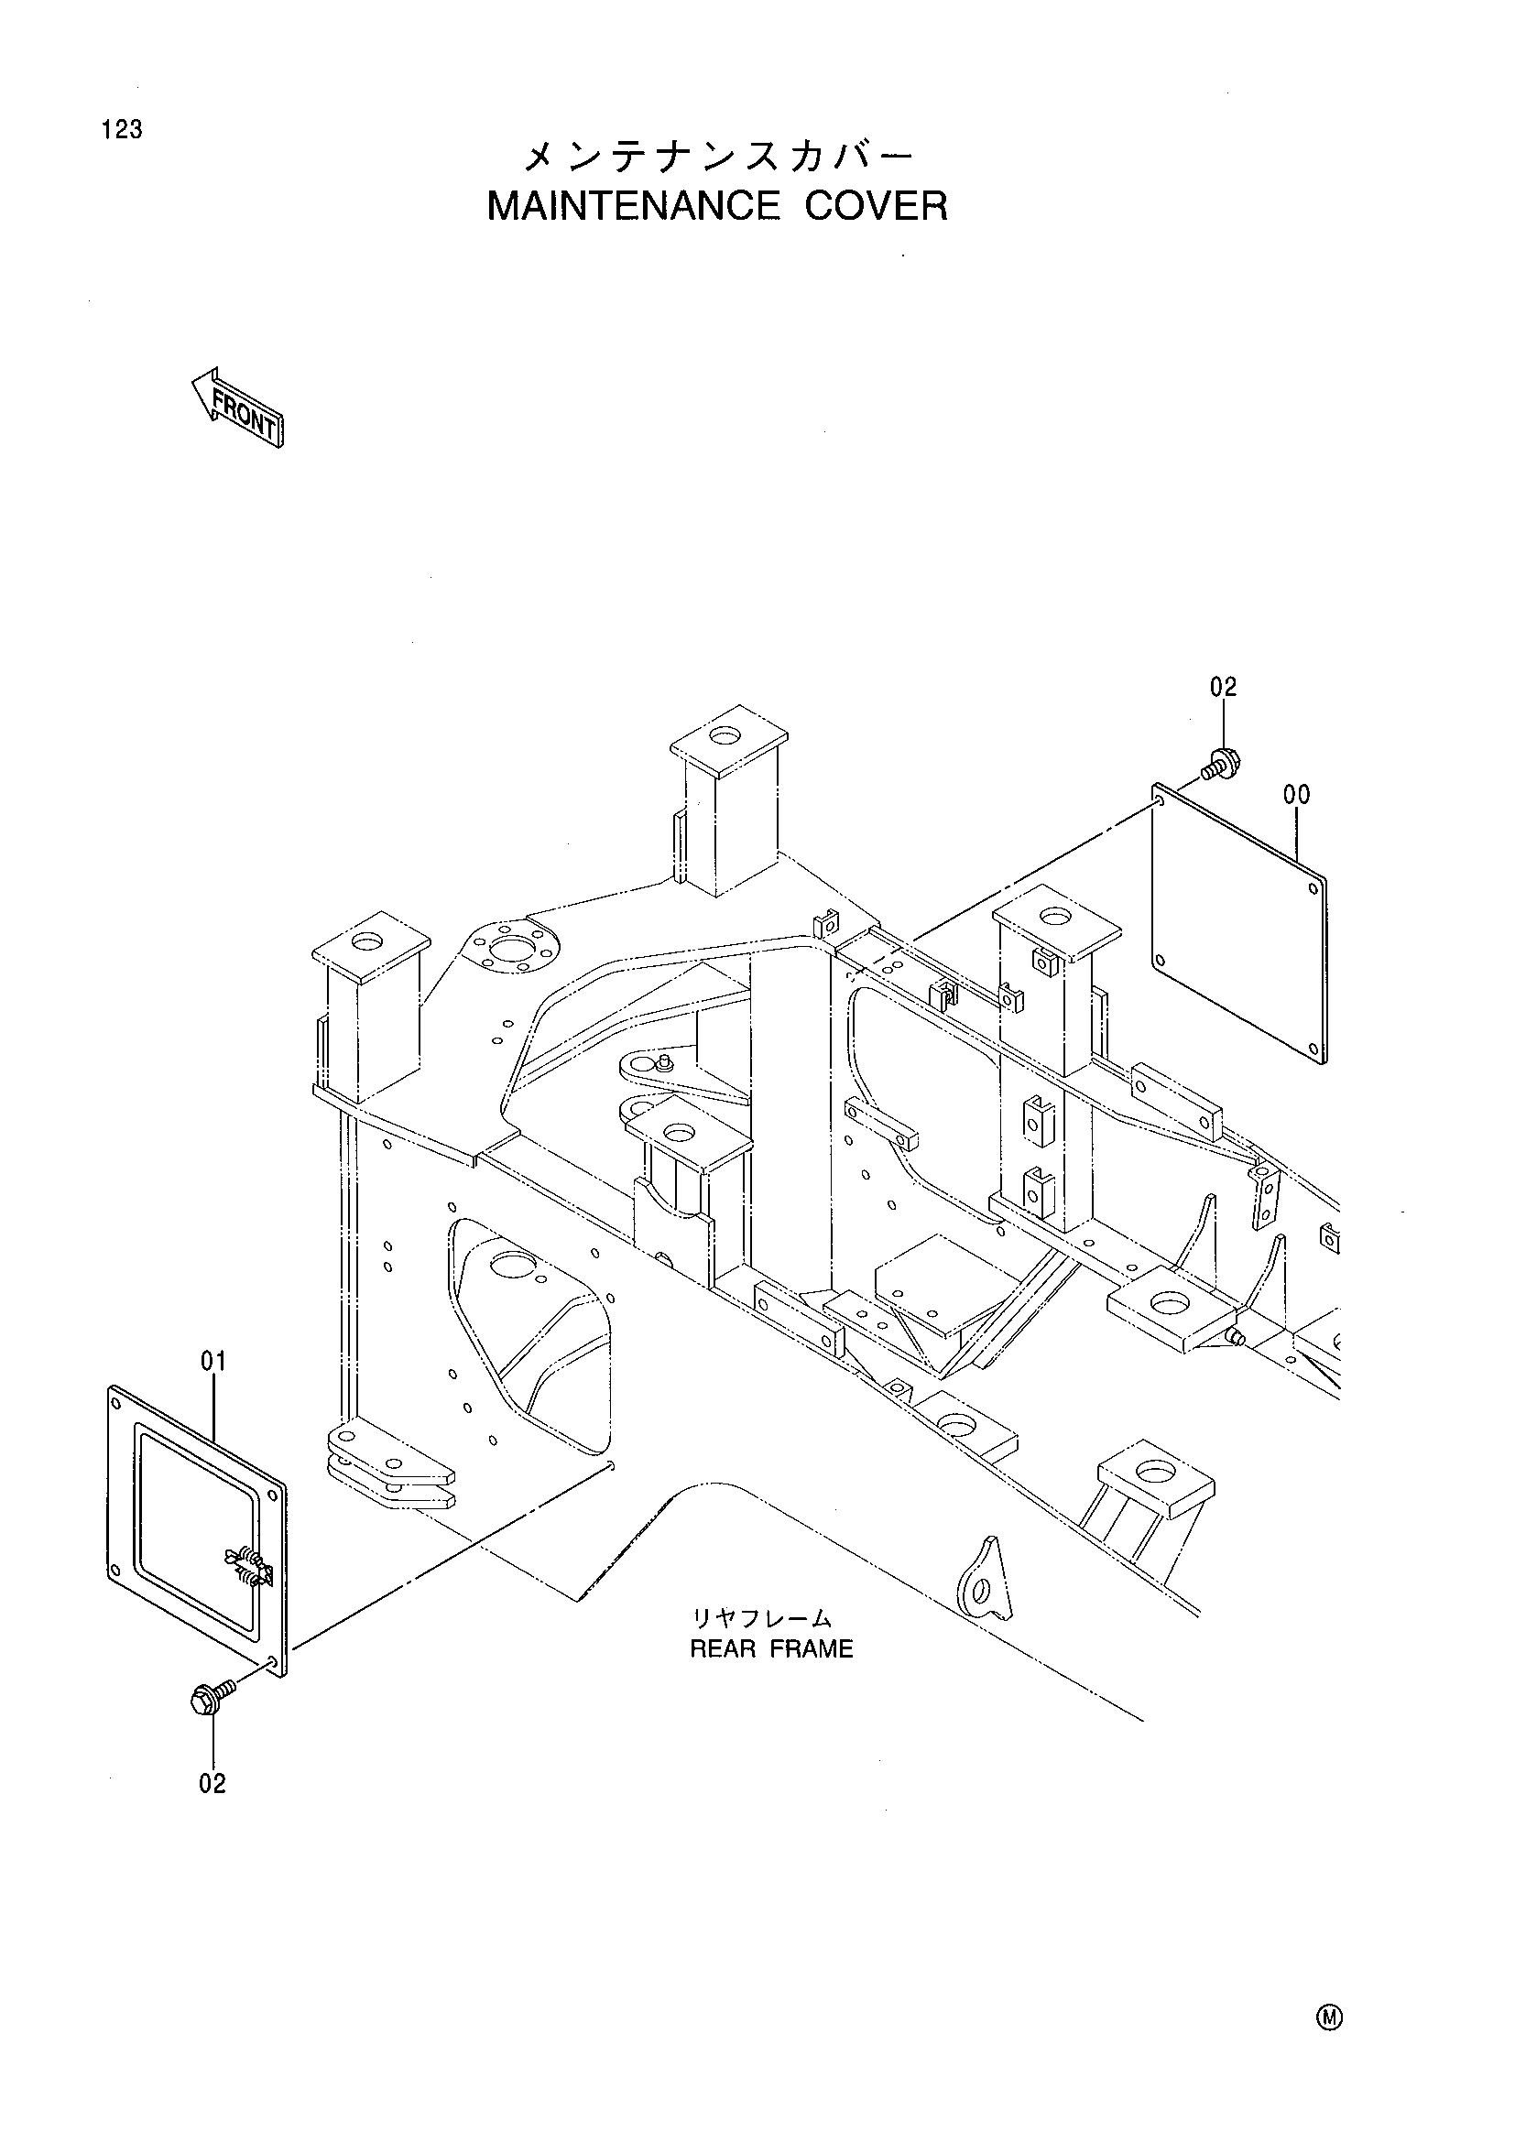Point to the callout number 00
pyautogui.click(x=1297, y=795)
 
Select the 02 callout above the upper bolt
pyautogui.click(x=1223, y=688)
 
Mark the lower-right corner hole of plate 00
pyautogui.click(x=1314, y=1048)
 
